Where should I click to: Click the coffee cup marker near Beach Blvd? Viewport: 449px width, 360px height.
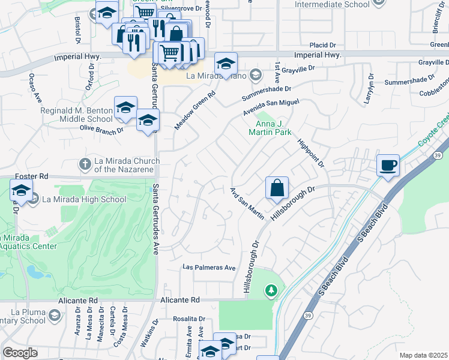(x=388, y=164)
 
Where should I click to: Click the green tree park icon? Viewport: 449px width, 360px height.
(x=271, y=291)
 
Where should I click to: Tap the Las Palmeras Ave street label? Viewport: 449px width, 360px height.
(x=209, y=268)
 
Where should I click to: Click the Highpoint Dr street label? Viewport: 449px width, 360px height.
(x=311, y=154)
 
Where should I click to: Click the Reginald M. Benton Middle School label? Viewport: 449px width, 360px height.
(x=76, y=115)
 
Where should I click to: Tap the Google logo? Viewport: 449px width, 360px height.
(x=20, y=353)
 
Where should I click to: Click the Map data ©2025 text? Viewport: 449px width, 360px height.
(x=423, y=355)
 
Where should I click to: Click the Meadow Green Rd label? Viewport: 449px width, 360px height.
(x=195, y=110)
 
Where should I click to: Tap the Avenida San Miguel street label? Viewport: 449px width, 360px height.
(x=271, y=108)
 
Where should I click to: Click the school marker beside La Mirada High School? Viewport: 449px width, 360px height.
(x=22, y=191)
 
